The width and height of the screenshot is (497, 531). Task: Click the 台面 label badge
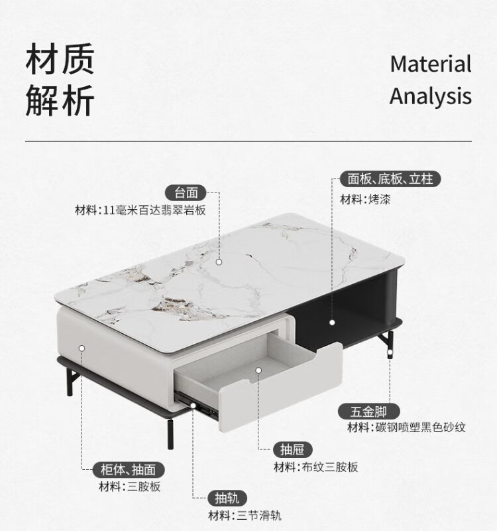point(186,193)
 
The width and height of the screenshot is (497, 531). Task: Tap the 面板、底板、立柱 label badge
point(390,179)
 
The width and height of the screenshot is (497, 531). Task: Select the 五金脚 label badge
point(369,412)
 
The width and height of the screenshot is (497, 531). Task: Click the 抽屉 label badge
point(292,450)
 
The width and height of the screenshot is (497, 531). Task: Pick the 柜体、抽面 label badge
point(128,470)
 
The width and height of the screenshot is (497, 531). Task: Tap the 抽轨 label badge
point(227,498)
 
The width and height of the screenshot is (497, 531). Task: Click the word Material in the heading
point(430,64)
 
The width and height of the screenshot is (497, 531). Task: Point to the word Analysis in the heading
point(430,96)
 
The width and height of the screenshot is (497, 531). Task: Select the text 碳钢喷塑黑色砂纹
point(421,427)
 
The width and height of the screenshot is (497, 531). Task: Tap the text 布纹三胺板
point(329,467)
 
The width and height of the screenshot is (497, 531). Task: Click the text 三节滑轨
point(258,516)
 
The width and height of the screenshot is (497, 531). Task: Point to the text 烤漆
point(379,199)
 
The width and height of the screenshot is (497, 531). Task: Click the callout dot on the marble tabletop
point(219,262)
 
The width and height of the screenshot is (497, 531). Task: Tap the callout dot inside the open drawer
point(258,370)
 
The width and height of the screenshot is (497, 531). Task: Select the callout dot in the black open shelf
point(332,323)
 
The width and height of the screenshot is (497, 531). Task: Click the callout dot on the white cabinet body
point(82,348)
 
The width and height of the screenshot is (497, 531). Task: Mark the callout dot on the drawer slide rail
point(193,405)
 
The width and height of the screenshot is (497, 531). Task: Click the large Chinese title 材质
point(60,58)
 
